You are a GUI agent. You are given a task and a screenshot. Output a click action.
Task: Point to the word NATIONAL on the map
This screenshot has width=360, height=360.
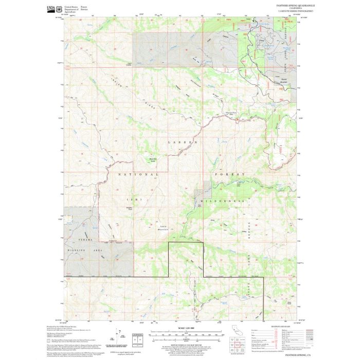click(x=138, y=175)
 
